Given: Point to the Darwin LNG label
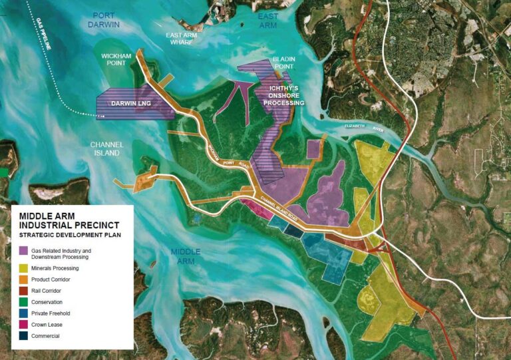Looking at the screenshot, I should pyautogui.click(x=132, y=104).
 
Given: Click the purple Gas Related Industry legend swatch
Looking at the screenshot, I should pyautogui.click(x=25, y=251).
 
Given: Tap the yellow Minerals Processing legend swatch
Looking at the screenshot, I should pyautogui.click(x=25, y=268).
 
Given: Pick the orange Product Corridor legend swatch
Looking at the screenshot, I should pyautogui.click(x=25, y=279).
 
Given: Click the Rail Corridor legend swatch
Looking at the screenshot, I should pyautogui.click(x=25, y=291).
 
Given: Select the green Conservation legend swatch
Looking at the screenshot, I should pyautogui.click(x=25, y=302).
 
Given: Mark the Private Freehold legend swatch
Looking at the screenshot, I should pyautogui.click(x=25, y=313).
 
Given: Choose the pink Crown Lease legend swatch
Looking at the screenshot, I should pyautogui.click(x=25, y=325).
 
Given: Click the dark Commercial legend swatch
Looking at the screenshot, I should pyautogui.click(x=25, y=336).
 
